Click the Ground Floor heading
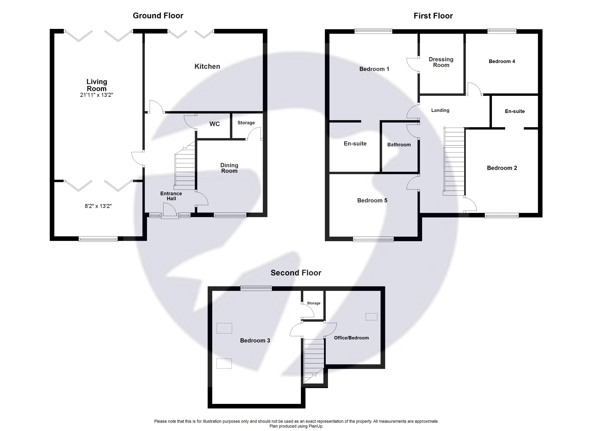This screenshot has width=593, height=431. click(158, 16)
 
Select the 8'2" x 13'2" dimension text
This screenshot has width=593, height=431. click(98, 206)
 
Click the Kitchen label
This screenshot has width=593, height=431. click(207, 66)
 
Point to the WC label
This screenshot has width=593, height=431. click(214, 124)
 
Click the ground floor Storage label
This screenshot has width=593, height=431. click(246, 123)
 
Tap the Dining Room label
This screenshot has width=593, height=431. click(229, 168)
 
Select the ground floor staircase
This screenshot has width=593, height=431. click(185, 170)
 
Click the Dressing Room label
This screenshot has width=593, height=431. click(441, 62)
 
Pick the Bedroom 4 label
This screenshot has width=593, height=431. click(502, 61)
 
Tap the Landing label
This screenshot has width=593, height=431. click(440, 110)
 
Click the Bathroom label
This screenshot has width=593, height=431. click(399, 145)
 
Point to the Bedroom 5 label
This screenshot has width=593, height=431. click(372, 200)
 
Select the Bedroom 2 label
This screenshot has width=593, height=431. click(502, 168)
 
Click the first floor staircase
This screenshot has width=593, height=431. click(454, 162)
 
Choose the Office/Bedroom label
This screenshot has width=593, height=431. click(351, 338)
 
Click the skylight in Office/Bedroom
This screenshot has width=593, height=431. click(371, 317)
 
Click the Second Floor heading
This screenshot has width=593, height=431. click(296, 273)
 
